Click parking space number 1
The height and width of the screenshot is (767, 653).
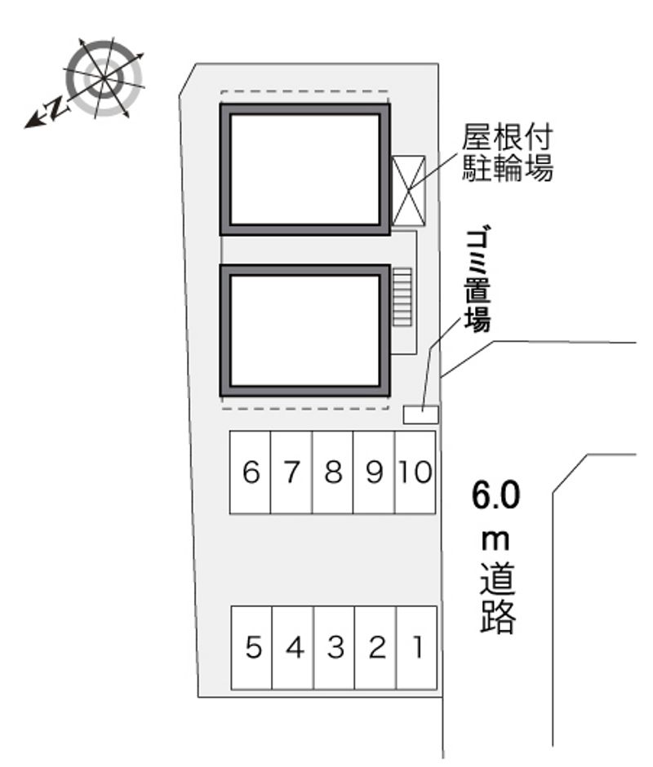(416, 648)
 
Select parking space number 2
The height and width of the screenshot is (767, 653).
(375, 648)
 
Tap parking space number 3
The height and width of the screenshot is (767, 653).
(335, 648)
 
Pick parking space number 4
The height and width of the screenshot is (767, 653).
(293, 648)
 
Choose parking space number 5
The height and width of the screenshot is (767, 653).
(251, 648)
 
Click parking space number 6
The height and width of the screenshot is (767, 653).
(250, 472)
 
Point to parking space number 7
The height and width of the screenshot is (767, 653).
(291, 472)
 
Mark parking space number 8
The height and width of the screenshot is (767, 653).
(332, 472)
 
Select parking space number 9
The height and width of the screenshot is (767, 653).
(374, 472)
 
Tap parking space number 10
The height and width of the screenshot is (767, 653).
(415, 472)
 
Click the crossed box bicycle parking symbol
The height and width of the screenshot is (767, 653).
(409, 190)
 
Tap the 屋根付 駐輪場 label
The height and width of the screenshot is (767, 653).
(508, 153)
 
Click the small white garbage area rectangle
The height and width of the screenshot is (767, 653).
(420, 415)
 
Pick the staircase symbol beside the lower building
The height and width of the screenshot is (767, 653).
(402, 297)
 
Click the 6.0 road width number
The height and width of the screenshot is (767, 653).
(495, 494)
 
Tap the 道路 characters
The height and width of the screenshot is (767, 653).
(497, 598)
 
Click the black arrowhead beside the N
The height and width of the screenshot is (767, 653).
(33, 121)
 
